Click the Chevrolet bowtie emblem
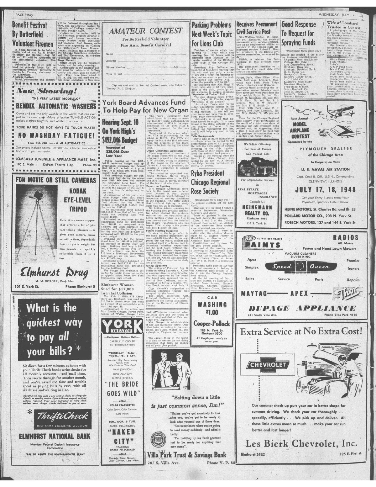coord(268,365)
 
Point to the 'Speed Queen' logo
coord(293,267)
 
